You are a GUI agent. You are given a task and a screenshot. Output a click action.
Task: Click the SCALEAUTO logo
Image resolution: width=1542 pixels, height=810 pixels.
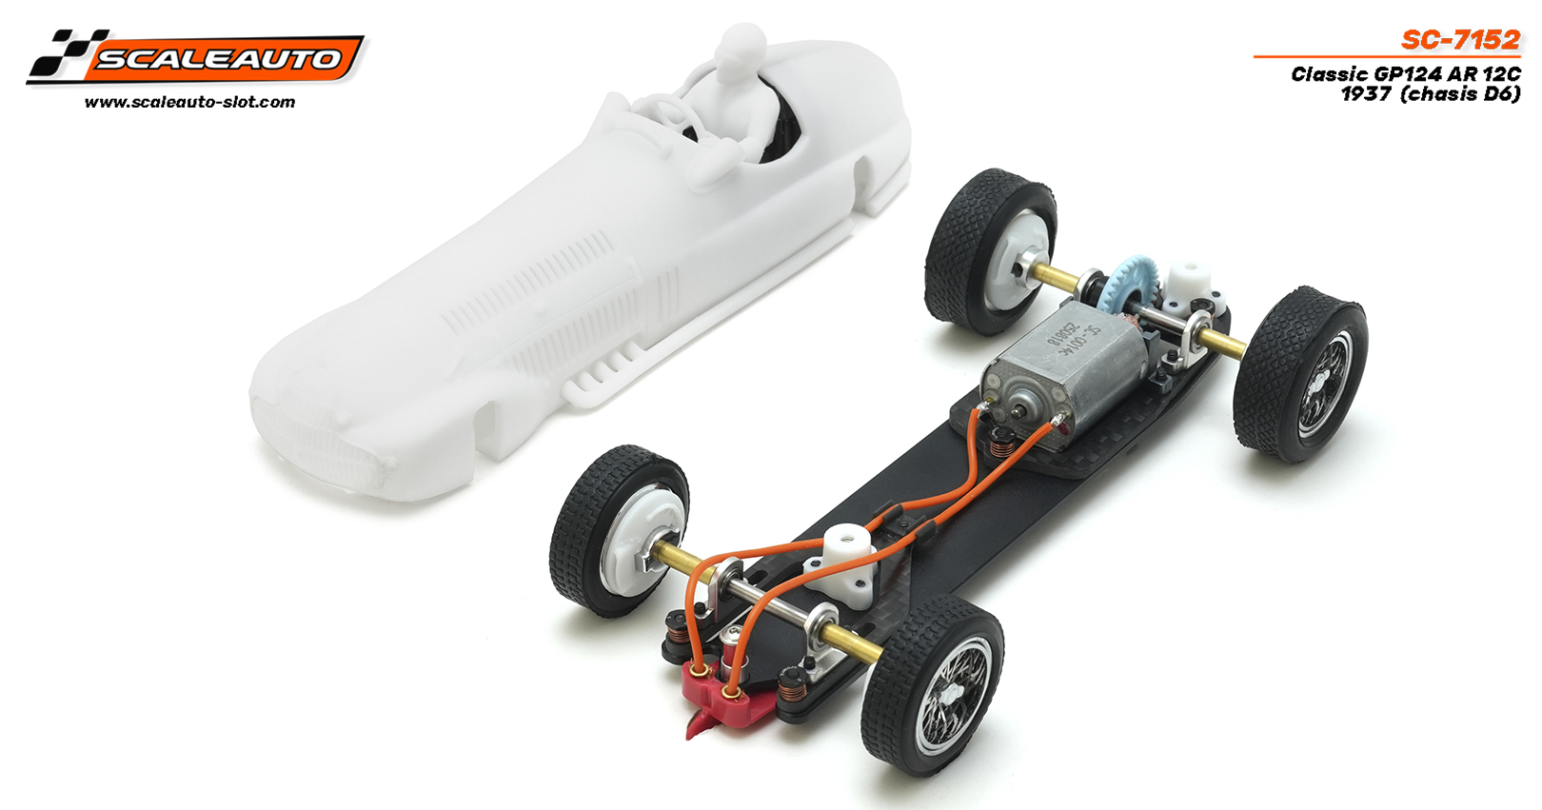point(195,57)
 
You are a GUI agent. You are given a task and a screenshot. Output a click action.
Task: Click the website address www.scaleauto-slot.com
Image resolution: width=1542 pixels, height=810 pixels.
point(190,103)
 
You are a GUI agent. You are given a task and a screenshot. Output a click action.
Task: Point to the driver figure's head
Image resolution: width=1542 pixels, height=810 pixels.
point(741,44)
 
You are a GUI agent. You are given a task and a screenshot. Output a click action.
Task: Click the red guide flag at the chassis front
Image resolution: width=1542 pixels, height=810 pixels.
point(722,701)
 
